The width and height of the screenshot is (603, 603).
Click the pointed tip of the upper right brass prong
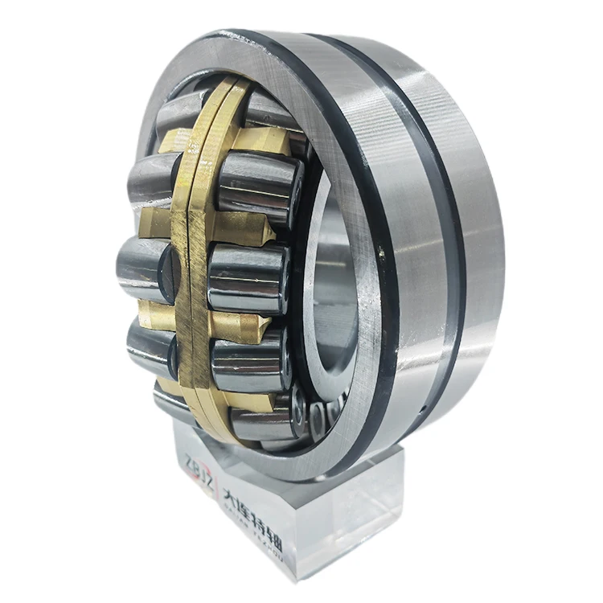(270, 233)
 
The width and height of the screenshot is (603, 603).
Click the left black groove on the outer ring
(378, 241)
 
